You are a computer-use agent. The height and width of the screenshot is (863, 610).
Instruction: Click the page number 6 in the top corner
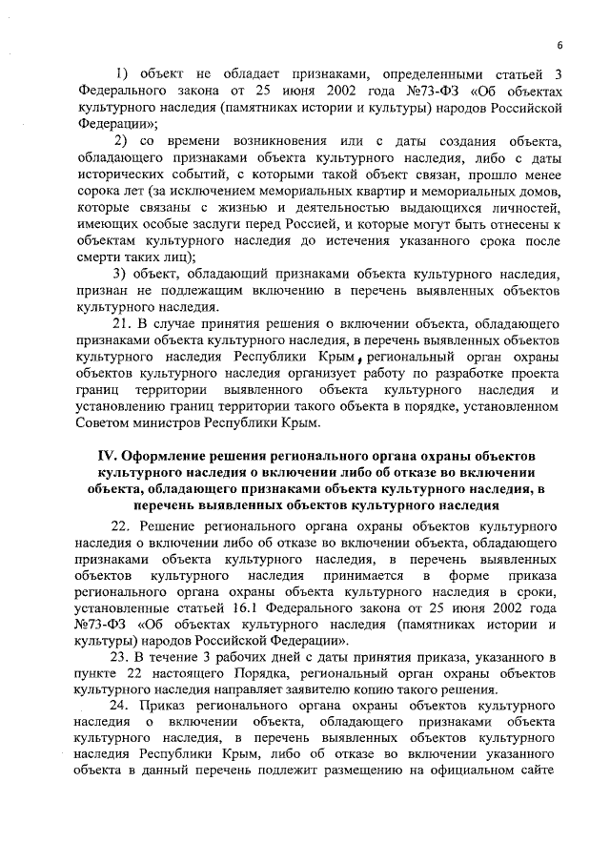click(559, 46)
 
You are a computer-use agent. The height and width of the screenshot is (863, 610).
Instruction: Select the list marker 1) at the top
click(122, 74)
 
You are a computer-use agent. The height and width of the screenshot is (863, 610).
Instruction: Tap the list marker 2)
click(122, 142)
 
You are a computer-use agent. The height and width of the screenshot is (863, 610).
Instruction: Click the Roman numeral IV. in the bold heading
click(112, 456)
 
